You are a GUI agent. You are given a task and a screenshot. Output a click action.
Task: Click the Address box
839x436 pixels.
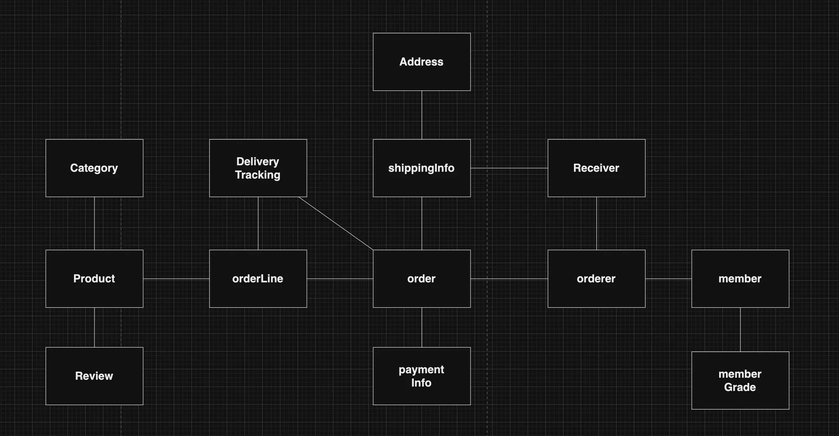(422, 62)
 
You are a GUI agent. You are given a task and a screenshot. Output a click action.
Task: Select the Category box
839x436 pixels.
(94, 168)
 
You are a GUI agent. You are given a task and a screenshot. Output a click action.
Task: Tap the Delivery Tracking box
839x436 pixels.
(258, 168)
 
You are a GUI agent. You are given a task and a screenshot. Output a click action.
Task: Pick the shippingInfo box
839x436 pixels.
(422, 168)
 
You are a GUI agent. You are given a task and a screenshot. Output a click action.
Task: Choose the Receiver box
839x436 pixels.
(596, 168)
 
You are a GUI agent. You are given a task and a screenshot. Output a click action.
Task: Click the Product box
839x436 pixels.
(94, 279)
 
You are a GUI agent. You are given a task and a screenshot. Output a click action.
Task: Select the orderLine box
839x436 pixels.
(258, 279)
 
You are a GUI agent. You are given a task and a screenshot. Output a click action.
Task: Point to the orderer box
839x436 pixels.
(596, 279)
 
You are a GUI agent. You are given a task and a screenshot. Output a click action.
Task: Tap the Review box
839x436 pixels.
(94, 376)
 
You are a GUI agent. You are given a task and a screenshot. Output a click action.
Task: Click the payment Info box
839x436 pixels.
(422, 376)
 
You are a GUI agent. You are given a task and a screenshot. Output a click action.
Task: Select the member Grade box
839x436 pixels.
(740, 380)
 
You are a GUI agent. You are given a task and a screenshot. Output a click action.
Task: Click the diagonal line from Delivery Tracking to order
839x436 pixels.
(336, 223)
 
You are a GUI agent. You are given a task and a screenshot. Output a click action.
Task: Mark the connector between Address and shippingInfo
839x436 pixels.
(422, 115)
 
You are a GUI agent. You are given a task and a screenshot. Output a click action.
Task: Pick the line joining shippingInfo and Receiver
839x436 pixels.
(509, 168)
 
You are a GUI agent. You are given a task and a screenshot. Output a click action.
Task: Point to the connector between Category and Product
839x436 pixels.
(94, 223)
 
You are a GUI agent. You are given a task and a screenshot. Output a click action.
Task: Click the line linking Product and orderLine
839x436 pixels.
(176, 279)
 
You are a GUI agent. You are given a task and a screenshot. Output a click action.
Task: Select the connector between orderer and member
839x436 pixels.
(668, 279)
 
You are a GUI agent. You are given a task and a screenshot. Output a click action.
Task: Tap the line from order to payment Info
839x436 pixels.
(422, 327)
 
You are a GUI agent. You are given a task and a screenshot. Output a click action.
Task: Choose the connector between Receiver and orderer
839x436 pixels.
(596, 223)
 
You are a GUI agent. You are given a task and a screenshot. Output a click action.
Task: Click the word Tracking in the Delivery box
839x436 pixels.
(258, 175)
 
